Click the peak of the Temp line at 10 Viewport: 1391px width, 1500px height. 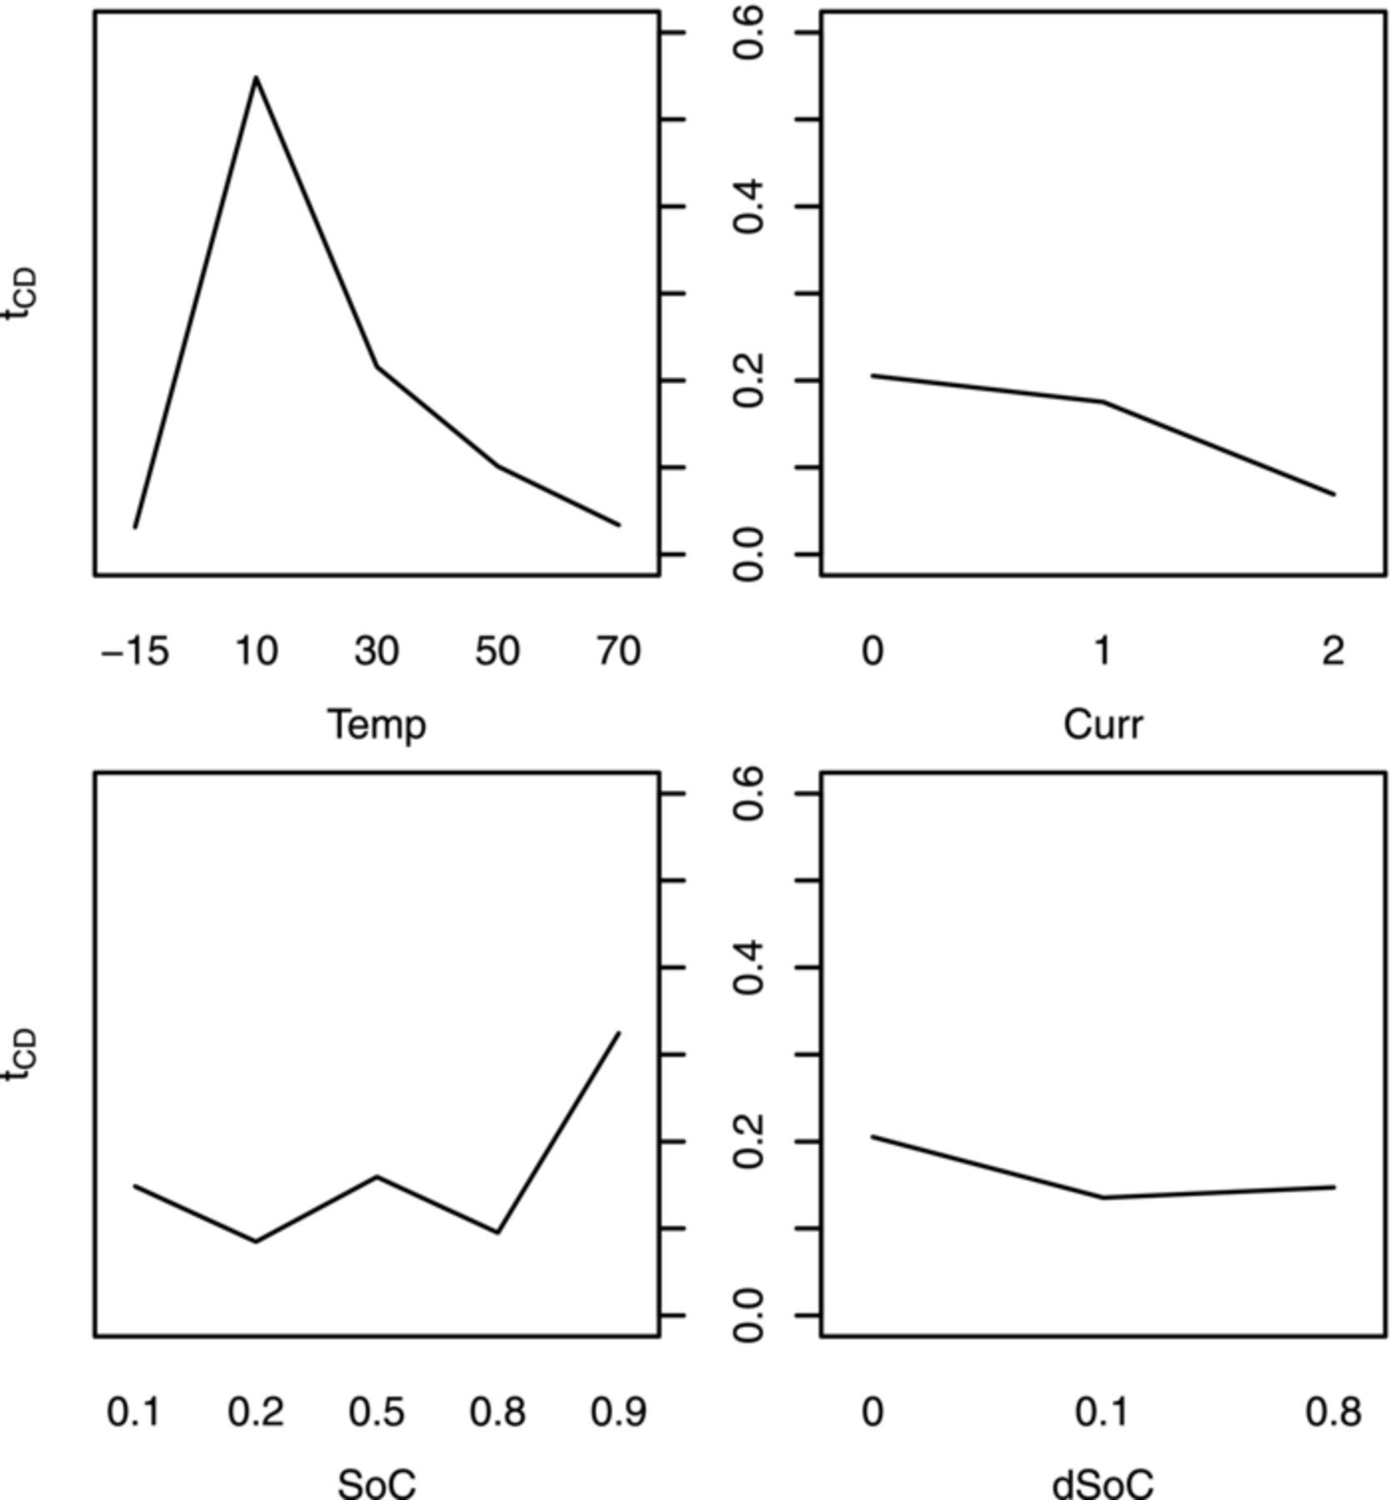256,78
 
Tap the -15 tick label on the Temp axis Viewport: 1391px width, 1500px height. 135,651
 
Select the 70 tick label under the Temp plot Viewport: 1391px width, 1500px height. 618,651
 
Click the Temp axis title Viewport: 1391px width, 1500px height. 377,724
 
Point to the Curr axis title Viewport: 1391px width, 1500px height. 1103,724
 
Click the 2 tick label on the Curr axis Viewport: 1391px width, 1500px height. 1333,651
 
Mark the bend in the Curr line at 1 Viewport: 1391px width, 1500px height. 1103,402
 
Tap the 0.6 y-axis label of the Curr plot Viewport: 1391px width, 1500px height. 749,33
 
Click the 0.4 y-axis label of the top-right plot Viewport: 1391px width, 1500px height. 749,207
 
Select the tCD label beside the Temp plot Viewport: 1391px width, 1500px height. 21,293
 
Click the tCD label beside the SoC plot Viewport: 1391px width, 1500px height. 21,1054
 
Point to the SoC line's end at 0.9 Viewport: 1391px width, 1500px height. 618,1033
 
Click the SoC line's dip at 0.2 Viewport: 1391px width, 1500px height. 256,1241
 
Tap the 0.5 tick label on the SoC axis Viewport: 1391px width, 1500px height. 377,1412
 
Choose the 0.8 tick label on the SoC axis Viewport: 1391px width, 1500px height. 498,1412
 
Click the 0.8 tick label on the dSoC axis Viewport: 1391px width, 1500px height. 1333,1412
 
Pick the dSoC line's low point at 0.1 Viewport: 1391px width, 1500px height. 1103,1197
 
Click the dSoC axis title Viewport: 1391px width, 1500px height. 1103,1483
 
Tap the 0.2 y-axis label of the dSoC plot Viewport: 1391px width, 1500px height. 749,1142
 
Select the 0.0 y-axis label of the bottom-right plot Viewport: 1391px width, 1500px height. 749,1315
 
